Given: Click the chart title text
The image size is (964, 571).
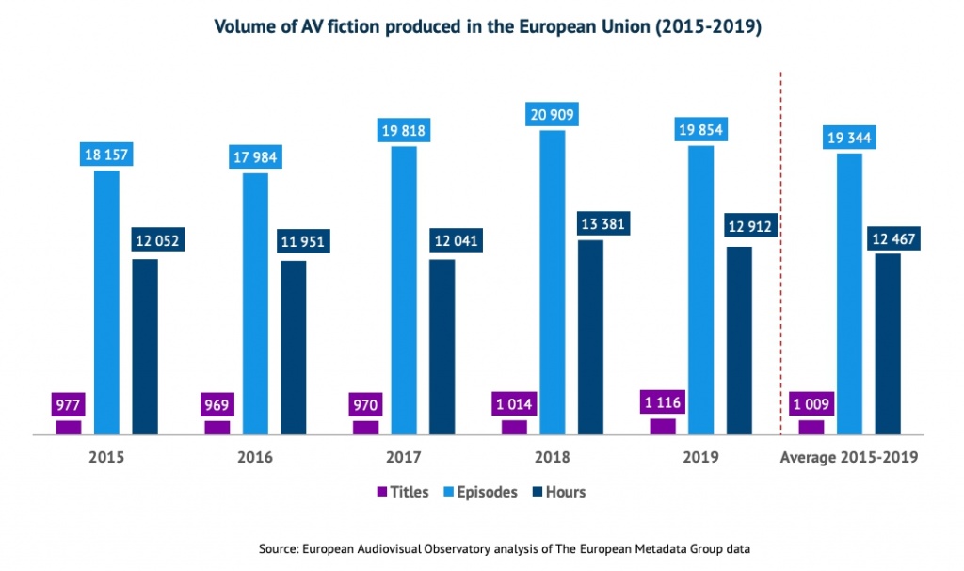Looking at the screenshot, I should point(488,27).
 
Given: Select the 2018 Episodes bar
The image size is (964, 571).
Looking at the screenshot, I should point(553,283).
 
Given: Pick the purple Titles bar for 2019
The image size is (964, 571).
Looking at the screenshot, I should point(663,427).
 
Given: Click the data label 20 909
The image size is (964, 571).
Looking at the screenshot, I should point(553,115).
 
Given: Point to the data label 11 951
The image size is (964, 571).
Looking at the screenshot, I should point(294,242).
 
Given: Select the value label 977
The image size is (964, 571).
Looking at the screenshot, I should point(69,406).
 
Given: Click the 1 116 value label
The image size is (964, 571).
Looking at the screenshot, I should point(663,403).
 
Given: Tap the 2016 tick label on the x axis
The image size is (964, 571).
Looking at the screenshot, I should point(255,458).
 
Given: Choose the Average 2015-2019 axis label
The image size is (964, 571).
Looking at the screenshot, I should point(849,458).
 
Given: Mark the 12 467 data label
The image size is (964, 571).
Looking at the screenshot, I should point(888,238).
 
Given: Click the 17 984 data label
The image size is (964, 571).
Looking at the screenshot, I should point(255,157).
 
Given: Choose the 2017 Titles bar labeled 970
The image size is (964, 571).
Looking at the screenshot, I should point(366,428).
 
